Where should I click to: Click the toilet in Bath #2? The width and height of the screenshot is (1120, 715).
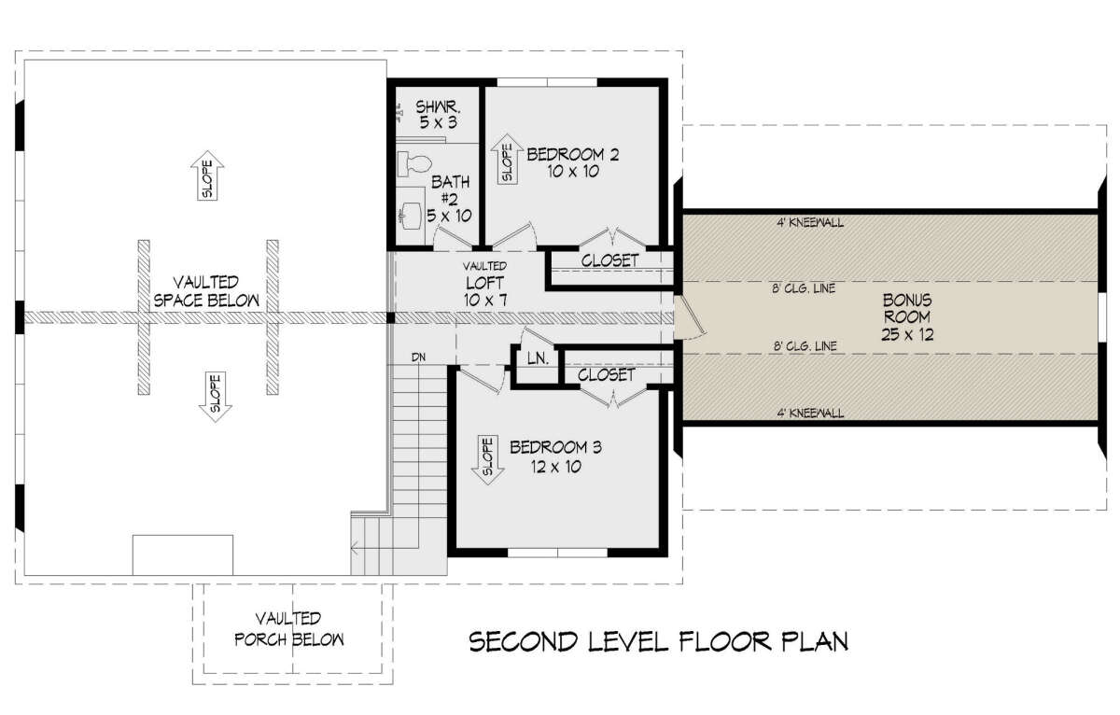[x=414, y=164]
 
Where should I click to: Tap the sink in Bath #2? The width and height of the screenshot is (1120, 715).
[x=412, y=216]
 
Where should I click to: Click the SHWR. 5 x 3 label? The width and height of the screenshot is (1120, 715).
[x=438, y=115]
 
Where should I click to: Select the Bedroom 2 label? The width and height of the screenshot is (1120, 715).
[x=573, y=162]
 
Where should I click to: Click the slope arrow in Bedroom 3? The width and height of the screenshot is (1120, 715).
[x=487, y=460]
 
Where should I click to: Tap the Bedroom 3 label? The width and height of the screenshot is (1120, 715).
[x=555, y=456]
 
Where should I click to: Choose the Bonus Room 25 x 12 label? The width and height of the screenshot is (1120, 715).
[x=907, y=317]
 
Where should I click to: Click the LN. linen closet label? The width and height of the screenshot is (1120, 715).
[x=538, y=358]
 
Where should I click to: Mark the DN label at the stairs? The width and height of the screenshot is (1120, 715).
[x=418, y=357]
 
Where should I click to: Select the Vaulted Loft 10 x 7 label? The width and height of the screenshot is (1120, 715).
[x=485, y=284]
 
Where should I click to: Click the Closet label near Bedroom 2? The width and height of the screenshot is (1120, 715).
[x=609, y=260]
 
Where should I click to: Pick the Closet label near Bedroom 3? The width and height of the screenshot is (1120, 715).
[x=606, y=374]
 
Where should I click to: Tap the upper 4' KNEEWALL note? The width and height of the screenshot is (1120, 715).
[x=810, y=222]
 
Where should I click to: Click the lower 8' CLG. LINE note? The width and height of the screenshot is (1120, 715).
[x=805, y=345]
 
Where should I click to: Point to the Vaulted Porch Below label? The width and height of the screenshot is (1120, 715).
[x=289, y=629]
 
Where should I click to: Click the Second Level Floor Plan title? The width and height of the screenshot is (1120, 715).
[x=659, y=641]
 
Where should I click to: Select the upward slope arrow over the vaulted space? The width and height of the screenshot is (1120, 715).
[x=207, y=175]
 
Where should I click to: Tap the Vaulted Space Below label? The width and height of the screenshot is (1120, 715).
[x=206, y=291]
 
